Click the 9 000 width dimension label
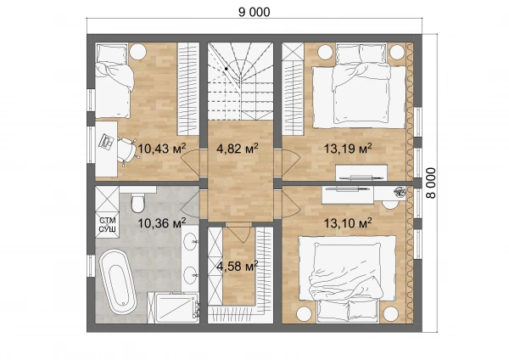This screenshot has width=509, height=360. point(255,12)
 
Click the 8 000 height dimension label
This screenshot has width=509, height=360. point(431,183)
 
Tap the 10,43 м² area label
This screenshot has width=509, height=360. point(162,149)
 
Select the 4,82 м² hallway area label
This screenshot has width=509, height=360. point(238,149)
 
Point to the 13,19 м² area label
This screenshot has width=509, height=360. point(348,149)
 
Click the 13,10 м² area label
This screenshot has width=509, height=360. point(348,223)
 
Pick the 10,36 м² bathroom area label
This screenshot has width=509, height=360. point(162,223)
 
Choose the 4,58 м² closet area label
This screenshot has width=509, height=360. point(238,266)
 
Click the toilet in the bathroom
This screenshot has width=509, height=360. point(137,202)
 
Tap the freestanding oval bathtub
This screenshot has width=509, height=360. point(118,282)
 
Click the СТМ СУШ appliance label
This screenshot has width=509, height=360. point(107,224)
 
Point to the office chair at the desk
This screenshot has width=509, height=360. point(126,149)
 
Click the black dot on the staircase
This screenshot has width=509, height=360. point(227,69)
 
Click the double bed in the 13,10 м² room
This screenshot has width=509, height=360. point(347,278)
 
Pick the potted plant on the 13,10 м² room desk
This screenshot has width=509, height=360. point(400,192)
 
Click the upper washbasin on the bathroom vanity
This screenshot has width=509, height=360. point(190,241)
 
